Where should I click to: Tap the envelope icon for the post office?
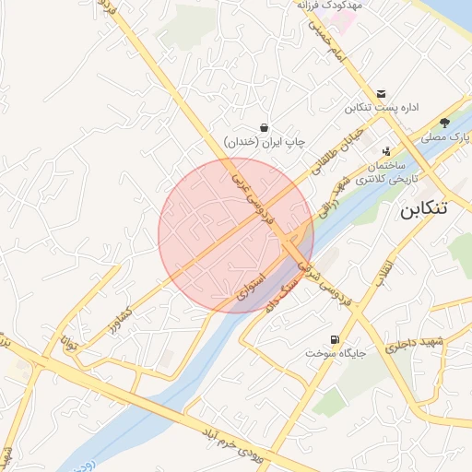coord(382,93)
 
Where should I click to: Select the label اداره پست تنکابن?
coord(382,109)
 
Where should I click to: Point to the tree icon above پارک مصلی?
coord(444,122)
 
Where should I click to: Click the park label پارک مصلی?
coord(446,137)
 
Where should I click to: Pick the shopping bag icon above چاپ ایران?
coord(265,127)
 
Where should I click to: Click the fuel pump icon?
coord(334,338)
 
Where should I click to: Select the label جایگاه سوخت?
coord(336,353)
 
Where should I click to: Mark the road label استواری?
coord(252,285)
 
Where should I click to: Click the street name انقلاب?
coord(384,269)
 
